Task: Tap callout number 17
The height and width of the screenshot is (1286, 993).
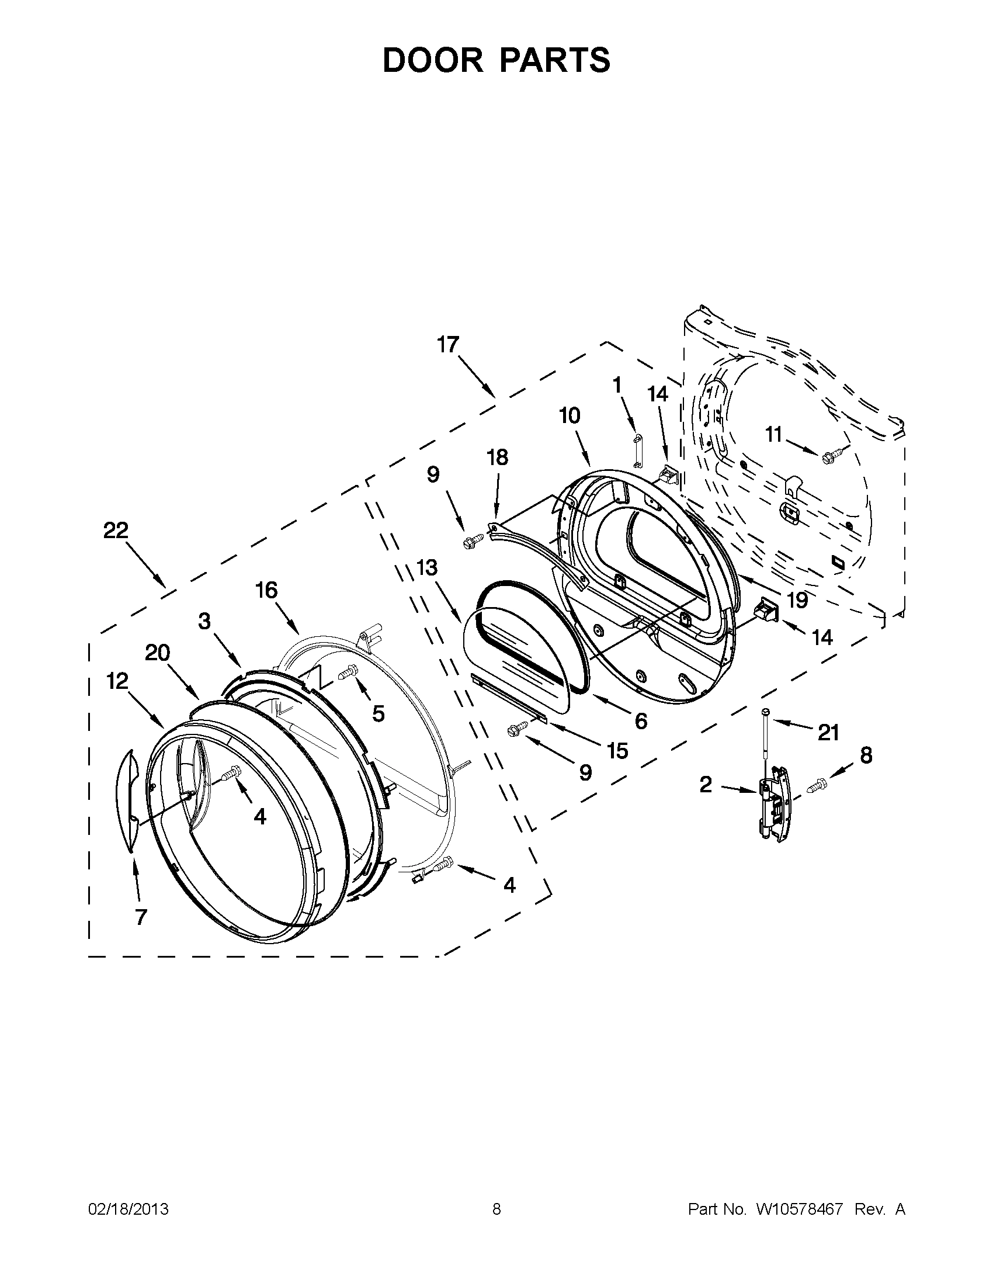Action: point(448,345)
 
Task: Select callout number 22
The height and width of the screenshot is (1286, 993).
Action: point(116,531)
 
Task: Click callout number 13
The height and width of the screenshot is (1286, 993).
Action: point(428,568)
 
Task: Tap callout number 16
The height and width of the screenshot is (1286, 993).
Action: point(266,590)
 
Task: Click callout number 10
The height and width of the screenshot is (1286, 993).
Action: point(569,415)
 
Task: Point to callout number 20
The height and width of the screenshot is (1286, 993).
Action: point(158,653)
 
